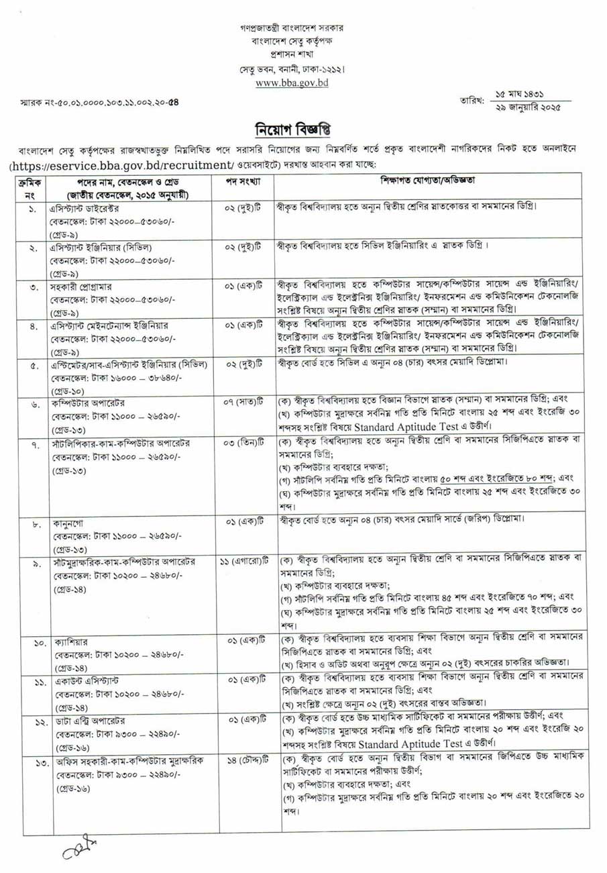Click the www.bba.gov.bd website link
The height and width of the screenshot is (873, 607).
coord(291,83)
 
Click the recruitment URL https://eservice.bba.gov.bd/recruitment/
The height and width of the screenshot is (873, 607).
coord(131,164)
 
